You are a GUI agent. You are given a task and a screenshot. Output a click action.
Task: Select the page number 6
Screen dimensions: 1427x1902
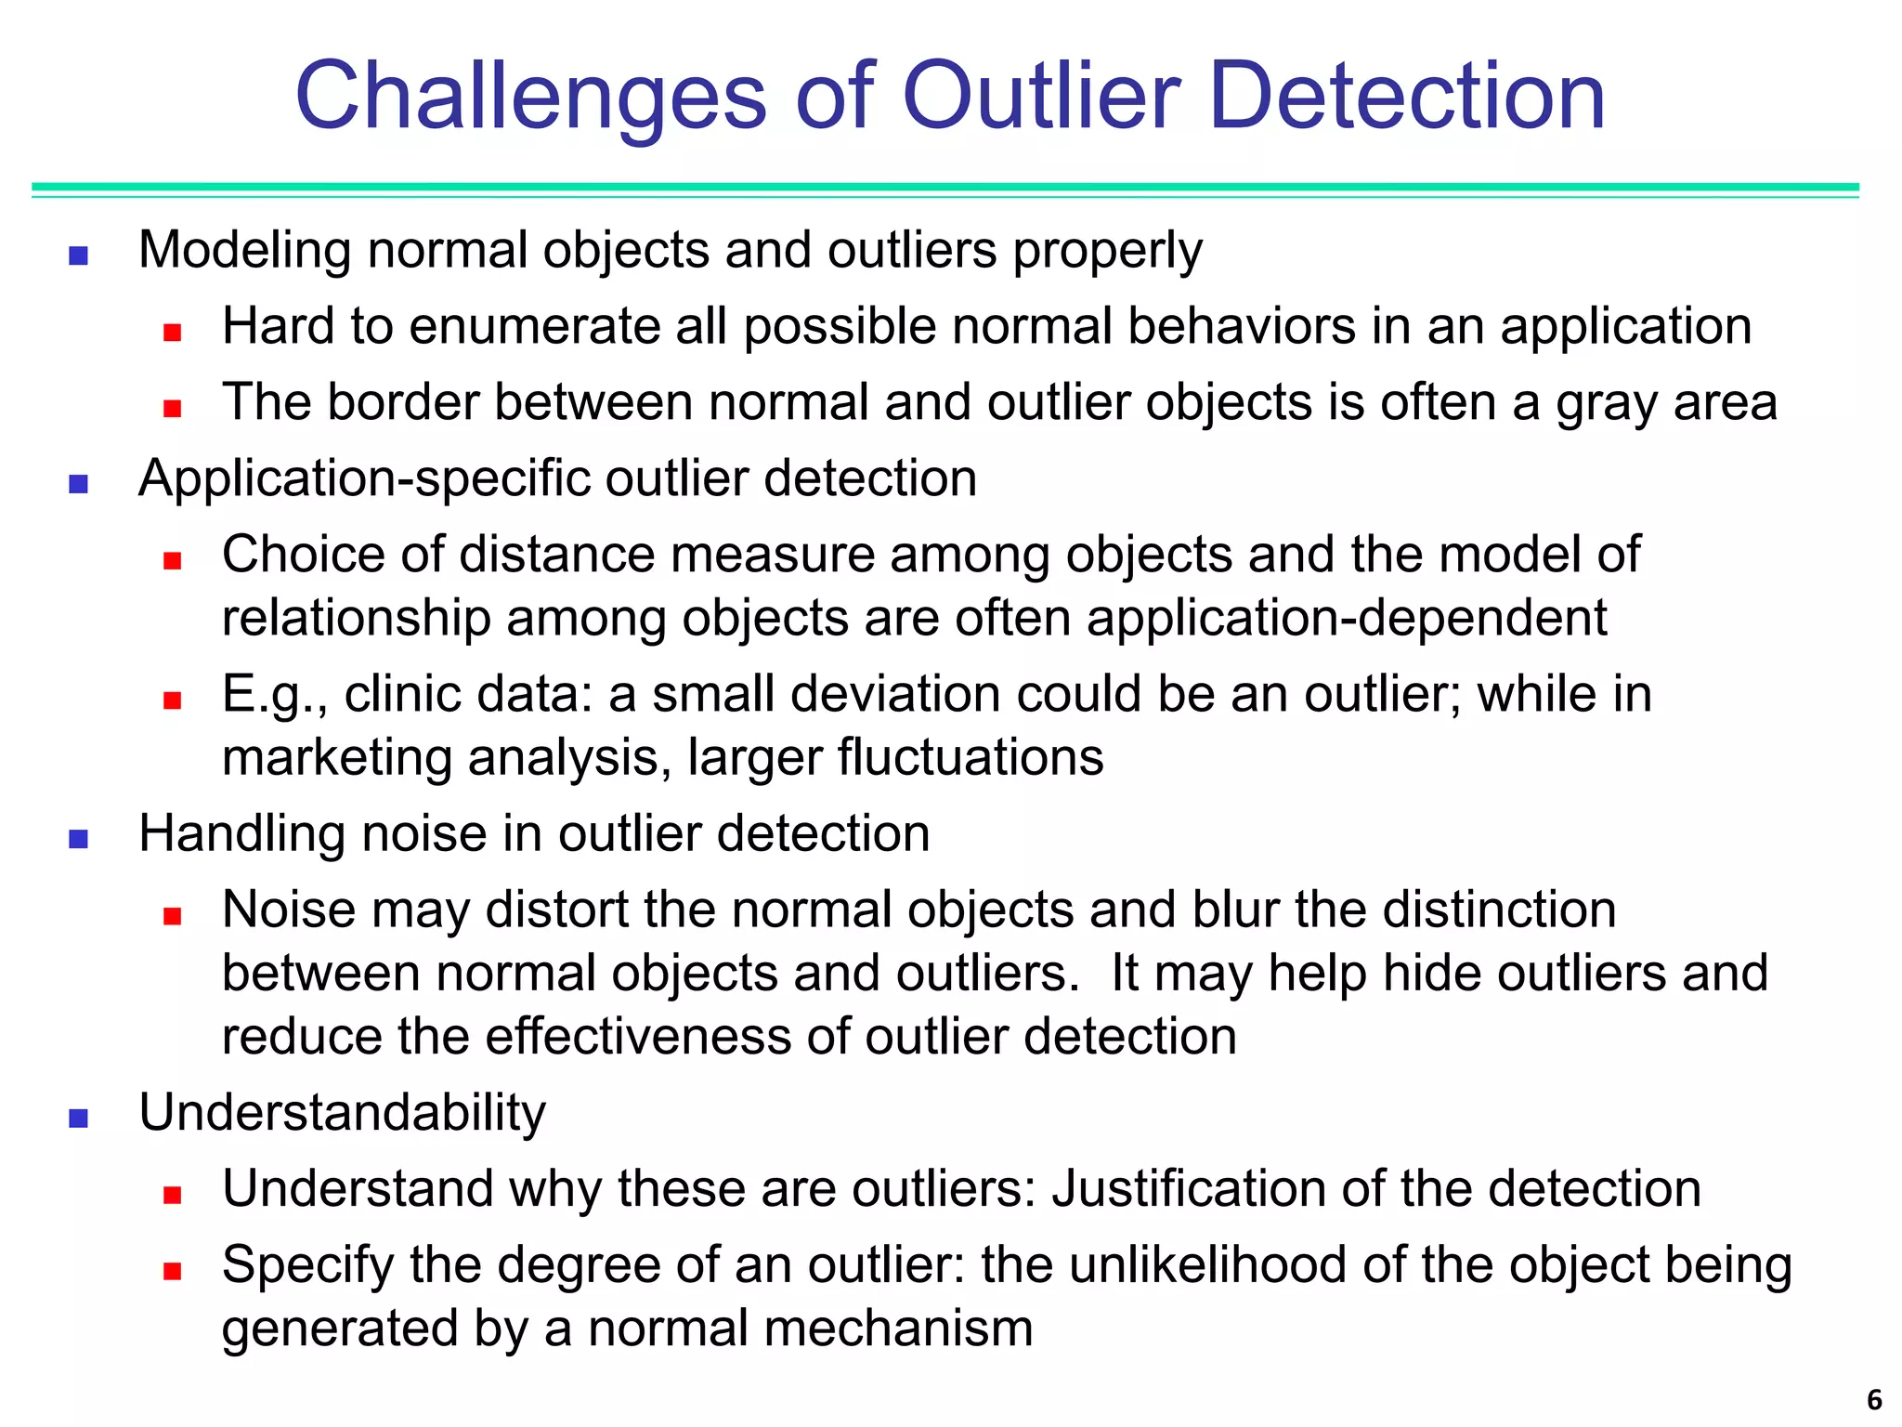pos(1874,1399)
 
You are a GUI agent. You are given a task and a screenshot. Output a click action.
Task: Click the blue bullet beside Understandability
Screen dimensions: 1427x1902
pos(79,1119)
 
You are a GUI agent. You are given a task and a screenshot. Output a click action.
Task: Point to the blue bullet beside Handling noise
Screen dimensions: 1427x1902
pos(79,840)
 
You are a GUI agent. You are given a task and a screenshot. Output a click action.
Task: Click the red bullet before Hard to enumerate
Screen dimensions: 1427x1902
pos(172,332)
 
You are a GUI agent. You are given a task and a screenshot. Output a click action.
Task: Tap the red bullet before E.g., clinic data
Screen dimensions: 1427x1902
pos(172,700)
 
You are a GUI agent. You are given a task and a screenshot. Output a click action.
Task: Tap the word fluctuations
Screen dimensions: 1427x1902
pos(971,757)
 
